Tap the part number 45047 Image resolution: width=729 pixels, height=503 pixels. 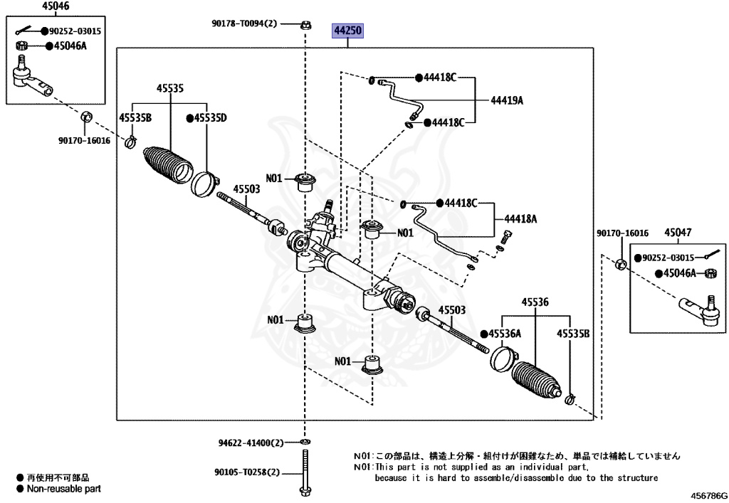[678, 232]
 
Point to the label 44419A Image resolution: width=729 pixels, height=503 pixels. [506, 100]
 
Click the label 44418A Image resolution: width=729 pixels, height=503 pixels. [520, 219]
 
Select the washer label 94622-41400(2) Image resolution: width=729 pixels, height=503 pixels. [251, 443]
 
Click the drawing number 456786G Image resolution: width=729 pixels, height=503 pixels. [708, 494]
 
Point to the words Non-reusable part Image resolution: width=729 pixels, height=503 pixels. [64, 489]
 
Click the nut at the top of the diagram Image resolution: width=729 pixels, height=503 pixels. [305, 25]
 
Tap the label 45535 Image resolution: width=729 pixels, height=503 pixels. [170, 88]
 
